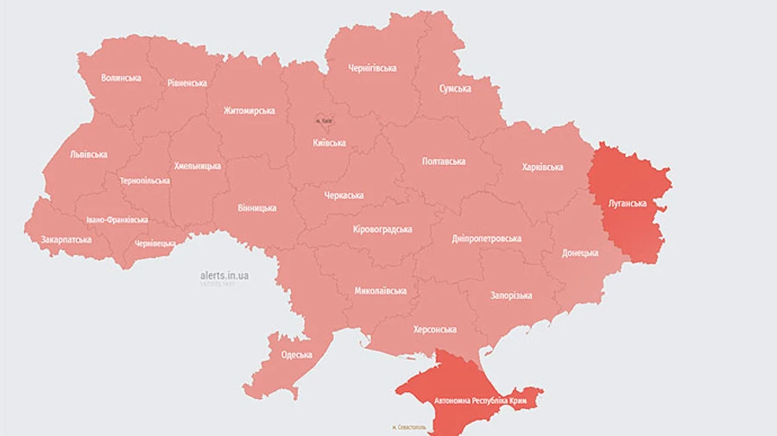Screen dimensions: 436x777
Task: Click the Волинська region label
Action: point(121,78)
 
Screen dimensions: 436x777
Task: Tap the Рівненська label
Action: point(186,83)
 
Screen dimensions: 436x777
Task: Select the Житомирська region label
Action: point(250,111)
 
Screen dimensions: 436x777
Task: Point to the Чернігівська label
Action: point(372,67)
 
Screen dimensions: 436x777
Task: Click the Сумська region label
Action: point(455,89)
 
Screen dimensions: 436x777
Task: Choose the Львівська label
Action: point(88,155)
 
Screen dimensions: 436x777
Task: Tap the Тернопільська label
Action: point(142,181)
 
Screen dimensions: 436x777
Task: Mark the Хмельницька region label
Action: point(198,166)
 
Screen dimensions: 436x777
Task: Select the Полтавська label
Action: point(444,161)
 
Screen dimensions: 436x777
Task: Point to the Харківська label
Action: point(543,167)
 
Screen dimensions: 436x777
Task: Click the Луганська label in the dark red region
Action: point(629,203)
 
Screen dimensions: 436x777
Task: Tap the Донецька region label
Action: point(580,253)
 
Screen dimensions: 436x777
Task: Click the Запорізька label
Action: point(511,295)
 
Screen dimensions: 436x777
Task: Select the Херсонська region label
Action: point(435,329)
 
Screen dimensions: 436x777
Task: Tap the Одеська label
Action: point(297,355)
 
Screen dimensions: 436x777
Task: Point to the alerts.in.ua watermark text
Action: point(224,275)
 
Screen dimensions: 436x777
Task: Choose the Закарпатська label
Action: point(66,238)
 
